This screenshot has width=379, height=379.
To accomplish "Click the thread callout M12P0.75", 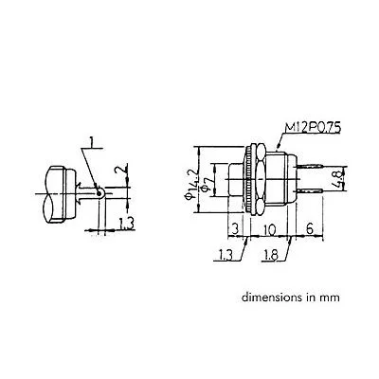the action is (313, 129).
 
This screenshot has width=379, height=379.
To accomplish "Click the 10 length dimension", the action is (269, 229).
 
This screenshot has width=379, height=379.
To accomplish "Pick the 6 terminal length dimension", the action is (310, 228).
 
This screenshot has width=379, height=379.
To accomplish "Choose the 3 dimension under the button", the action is (235, 229).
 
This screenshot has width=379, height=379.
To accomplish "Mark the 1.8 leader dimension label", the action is (270, 256).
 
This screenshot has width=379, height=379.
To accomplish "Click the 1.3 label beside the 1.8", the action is (225, 255).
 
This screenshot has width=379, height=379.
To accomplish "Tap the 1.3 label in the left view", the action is (127, 224).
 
